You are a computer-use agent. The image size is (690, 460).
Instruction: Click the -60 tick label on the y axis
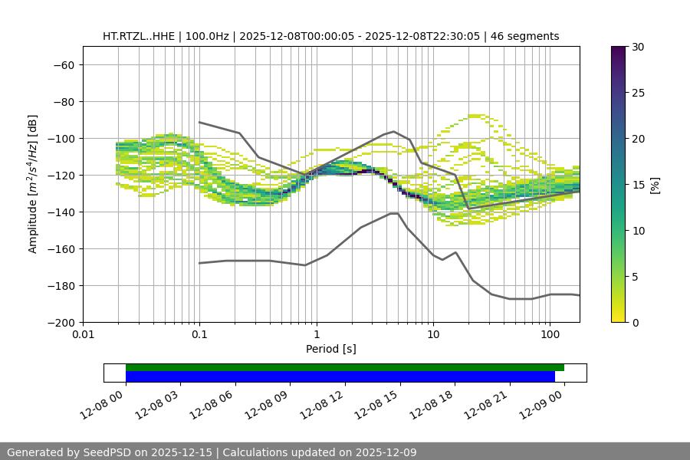tap(63, 64)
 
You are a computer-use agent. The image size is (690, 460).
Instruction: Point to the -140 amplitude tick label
tap(60, 212)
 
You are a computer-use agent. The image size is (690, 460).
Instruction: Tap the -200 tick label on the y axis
tap(60, 322)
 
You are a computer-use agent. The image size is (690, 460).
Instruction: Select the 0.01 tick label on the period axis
tap(83, 335)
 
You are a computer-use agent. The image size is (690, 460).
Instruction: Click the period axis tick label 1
tap(317, 335)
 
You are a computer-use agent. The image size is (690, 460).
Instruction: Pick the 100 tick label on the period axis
tap(550, 335)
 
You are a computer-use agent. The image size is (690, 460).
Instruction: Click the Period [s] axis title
tap(330, 349)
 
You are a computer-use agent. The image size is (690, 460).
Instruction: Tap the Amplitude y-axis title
tap(33, 184)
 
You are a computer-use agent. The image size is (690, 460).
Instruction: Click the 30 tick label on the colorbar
tap(637, 47)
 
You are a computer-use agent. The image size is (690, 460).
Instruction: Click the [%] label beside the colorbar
tap(655, 185)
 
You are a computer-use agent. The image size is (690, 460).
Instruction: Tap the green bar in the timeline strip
tap(345, 367)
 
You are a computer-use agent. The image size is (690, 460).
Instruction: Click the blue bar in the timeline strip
tap(340, 376)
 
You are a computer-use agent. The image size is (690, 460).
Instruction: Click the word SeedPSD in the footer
tap(107, 452)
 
